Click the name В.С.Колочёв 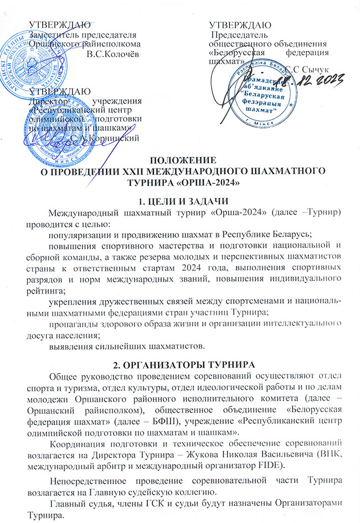pos(113,53)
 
